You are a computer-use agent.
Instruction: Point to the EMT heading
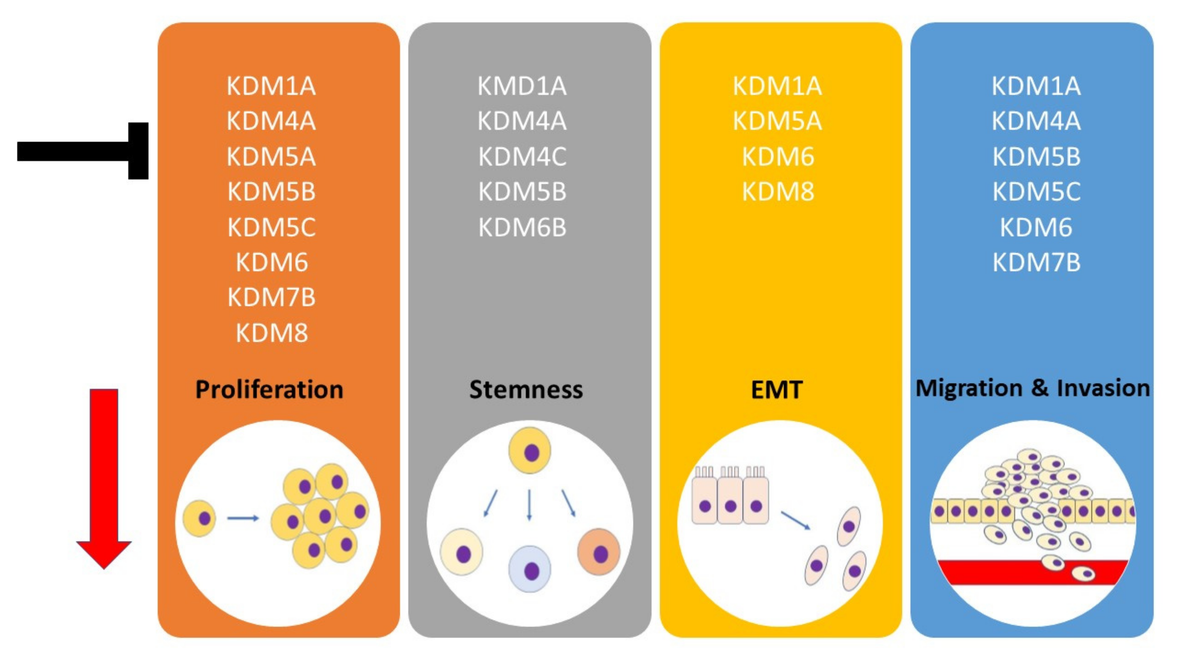click(776, 390)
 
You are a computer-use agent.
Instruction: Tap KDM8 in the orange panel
click(272, 333)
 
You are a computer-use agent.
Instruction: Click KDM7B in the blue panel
click(1036, 263)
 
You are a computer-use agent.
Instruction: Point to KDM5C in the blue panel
click(1036, 192)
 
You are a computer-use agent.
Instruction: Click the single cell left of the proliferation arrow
click(199, 518)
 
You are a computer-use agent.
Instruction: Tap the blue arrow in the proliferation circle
click(243, 518)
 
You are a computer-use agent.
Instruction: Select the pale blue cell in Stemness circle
click(530, 569)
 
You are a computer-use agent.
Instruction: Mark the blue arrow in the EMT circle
click(795, 520)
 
